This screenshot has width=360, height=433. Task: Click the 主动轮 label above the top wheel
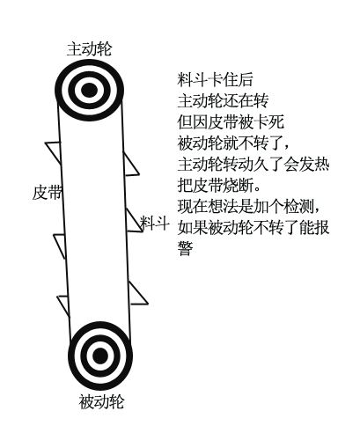pos(89,48)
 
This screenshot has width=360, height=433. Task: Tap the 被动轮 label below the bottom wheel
pos(101,401)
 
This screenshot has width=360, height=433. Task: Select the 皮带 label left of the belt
pos(48,193)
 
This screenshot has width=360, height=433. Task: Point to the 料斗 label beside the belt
pos(155,223)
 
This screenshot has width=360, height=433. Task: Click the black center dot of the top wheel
pos(89,90)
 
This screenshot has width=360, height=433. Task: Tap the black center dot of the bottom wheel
pos(100,356)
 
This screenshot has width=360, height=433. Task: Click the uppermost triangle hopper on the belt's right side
pos(129,165)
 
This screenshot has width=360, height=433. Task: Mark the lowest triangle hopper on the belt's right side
pos(137,294)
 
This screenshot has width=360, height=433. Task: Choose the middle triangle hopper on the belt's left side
pos(60,246)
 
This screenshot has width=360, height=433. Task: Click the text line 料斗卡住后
pos(215,80)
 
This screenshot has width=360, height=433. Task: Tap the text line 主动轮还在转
pos(223,101)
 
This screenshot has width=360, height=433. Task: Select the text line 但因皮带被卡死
pos(231,122)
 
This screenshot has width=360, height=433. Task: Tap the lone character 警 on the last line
pos(185,249)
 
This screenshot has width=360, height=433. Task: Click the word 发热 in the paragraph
pos(314,165)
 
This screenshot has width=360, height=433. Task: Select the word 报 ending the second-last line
pos(321,228)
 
